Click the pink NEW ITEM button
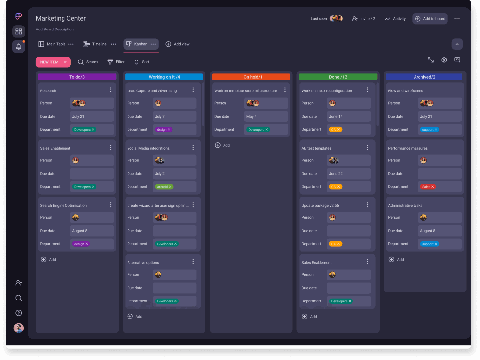(x=49, y=62)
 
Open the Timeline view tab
(x=95, y=44)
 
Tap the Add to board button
(x=430, y=19)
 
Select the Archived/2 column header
(x=424, y=77)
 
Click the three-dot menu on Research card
(x=111, y=90)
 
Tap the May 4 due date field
(x=266, y=117)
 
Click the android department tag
(x=164, y=187)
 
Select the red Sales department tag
(x=427, y=187)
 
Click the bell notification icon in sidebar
(x=19, y=47)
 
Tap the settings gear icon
(x=444, y=60)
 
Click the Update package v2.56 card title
(x=320, y=205)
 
